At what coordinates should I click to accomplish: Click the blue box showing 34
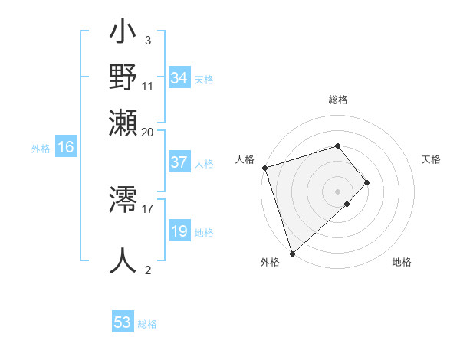[x=179, y=78]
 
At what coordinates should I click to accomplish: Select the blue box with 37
[x=179, y=162]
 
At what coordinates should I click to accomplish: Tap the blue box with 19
[x=179, y=231]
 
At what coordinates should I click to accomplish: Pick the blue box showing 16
[x=65, y=148]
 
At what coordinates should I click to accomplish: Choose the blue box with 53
[x=123, y=322]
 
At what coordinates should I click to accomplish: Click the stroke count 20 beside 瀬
[x=148, y=131]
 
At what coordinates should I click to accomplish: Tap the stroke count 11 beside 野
[x=148, y=85]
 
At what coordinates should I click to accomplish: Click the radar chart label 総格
[x=338, y=100]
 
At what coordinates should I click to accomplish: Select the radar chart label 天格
[x=431, y=159]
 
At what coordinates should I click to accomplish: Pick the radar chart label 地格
[x=402, y=263]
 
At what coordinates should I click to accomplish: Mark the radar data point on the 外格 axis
[x=292, y=253]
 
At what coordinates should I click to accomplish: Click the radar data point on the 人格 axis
[x=264, y=168]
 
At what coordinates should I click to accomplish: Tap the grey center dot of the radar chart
[x=338, y=191]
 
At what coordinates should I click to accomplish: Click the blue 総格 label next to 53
[x=147, y=324]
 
